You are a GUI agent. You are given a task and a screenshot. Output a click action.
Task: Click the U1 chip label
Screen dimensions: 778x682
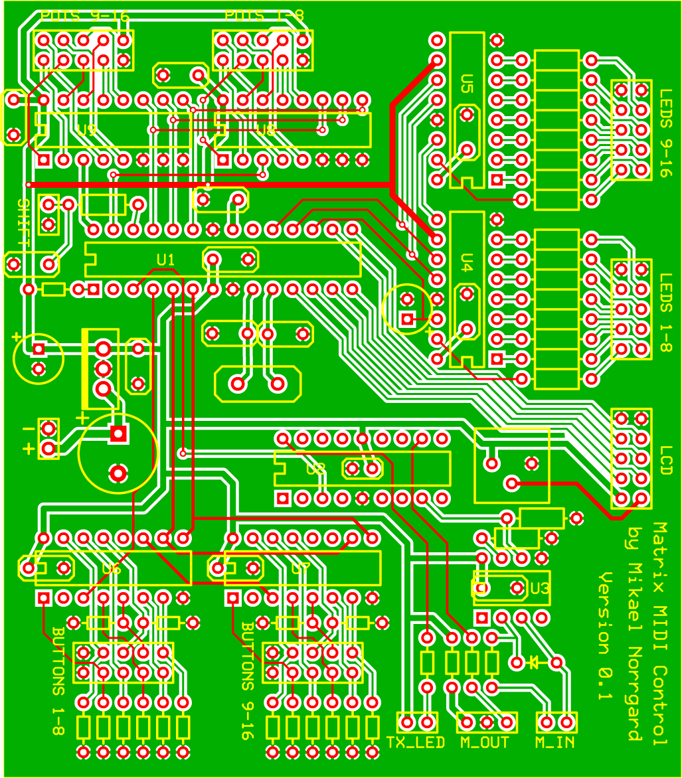(165, 259)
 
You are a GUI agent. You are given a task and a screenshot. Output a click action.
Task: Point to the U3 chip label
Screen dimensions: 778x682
(540, 587)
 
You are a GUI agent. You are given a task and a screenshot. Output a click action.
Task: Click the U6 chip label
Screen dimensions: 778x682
(112, 569)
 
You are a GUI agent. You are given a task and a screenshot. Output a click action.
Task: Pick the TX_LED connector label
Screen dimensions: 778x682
(416, 743)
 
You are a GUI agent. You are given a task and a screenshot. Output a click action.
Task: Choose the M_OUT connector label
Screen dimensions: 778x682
(485, 743)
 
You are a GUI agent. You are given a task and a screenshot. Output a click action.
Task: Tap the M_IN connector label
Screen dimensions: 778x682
(555, 743)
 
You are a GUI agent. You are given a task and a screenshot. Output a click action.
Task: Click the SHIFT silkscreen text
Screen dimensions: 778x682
(21, 223)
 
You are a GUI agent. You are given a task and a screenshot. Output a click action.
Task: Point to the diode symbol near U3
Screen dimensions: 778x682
(534, 662)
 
